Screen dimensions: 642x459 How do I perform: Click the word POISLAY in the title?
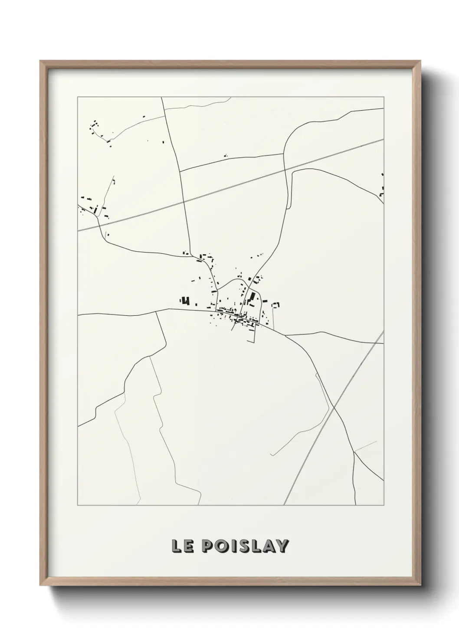tap(245, 546)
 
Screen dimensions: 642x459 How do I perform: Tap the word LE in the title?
tap(182, 546)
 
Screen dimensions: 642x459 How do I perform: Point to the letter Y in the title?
tap(282, 546)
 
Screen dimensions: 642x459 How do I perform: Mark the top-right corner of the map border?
tap(384, 97)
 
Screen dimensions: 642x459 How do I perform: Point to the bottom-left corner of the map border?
tap(78, 505)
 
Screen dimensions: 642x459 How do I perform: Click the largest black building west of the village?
tap(186, 301)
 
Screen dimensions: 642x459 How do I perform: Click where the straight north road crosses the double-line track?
tap(184, 201)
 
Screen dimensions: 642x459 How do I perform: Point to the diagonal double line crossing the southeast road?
tap(333, 408)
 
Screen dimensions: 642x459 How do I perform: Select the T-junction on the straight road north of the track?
tap(179, 171)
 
